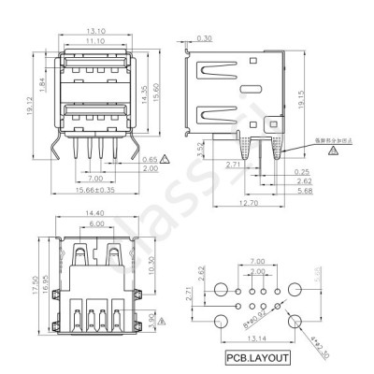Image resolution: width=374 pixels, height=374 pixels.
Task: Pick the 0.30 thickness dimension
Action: click(204, 37)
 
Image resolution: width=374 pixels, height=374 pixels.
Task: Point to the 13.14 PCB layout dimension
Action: click(255, 338)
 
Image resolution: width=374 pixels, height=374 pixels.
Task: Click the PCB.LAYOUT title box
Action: click(256, 357)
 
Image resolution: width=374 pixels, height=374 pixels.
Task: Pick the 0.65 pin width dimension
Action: click(149, 160)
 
